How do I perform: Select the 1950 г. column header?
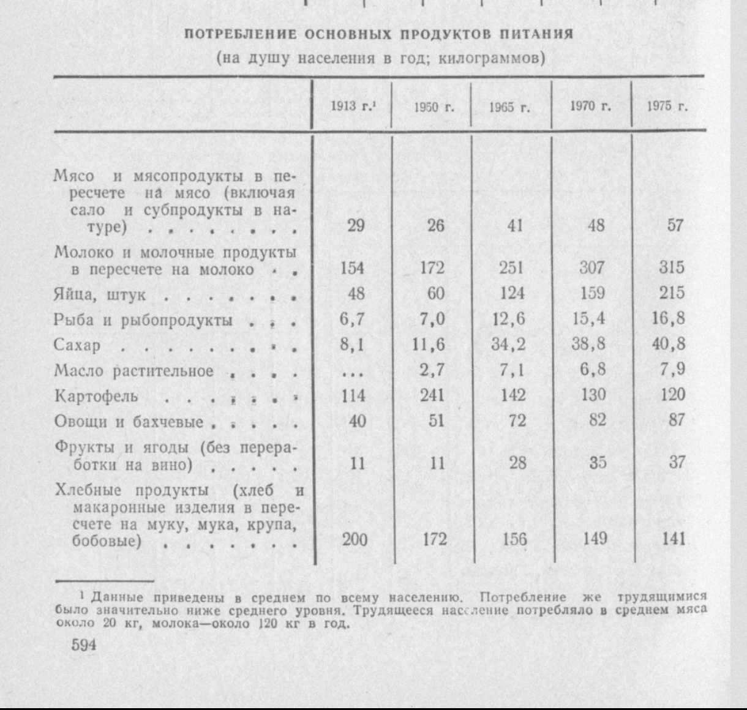[x=433, y=107]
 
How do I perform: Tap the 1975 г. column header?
[x=667, y=106]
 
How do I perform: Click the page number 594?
[x=85, y=644]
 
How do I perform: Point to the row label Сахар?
[x=77, y=345]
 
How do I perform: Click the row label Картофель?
[x=97, y=397]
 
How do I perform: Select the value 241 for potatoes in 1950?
[x=432, y=395]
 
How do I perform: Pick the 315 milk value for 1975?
[x=672, y=267]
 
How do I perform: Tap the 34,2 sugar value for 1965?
[x=508, y=345]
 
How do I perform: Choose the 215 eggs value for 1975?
[x=672, y=293]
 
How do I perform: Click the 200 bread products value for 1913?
[x=355, y=539]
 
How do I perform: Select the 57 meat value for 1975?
[x=675, y=225]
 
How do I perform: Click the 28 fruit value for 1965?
[x=517, y=462]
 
